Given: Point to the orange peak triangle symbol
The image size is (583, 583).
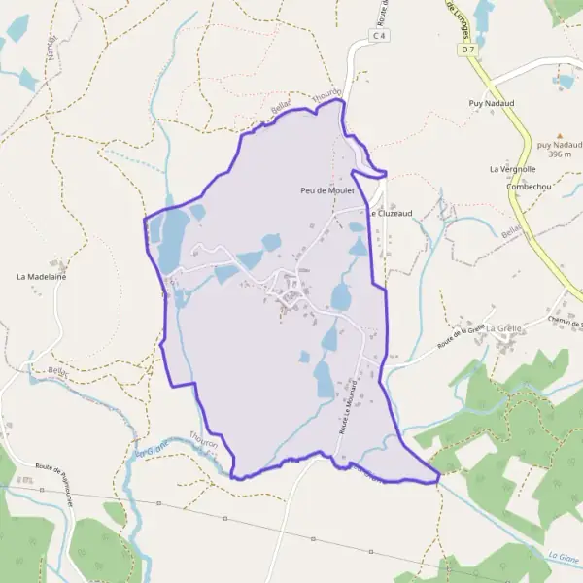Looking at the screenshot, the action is tap(559, 137).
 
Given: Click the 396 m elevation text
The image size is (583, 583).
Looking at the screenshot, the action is tap(558, 154).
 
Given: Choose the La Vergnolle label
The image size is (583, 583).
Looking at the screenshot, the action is tap(513, 169).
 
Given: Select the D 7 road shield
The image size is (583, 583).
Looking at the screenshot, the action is tap(469, 48).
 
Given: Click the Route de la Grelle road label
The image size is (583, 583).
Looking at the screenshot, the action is tap(461, 337).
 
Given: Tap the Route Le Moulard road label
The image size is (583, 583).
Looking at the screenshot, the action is tap(347, 407).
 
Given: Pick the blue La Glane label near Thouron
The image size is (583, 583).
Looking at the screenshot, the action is tap(152, 450).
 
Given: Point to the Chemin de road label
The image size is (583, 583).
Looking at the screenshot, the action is tap(564, 322).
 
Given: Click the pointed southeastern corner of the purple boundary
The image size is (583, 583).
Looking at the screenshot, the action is tap(439, 476).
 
